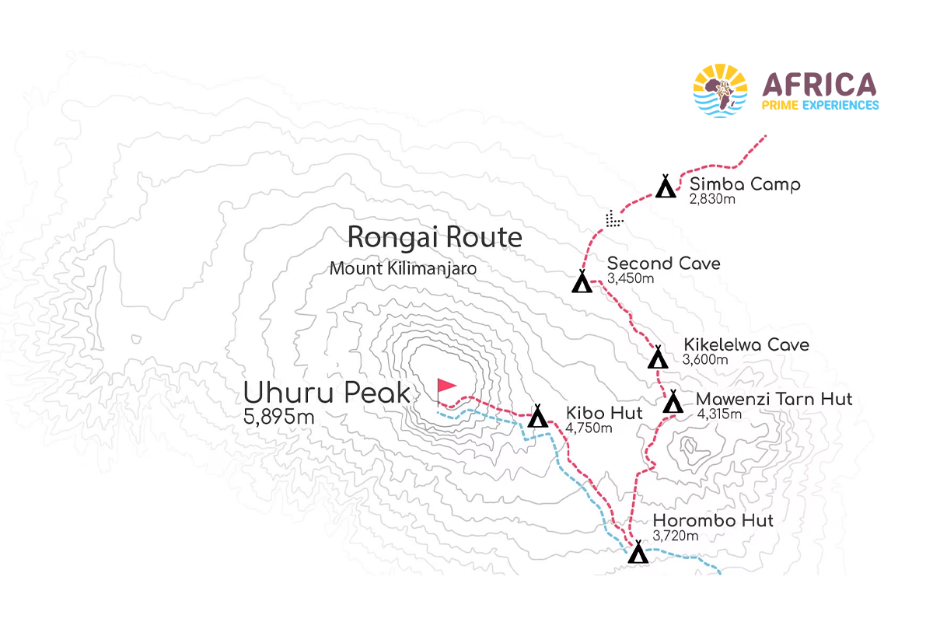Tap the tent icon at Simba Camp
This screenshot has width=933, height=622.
click(x=666, y=187)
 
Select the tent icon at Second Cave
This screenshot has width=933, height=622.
click(x=582, y=281)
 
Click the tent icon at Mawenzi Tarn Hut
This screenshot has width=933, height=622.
click(x=673, y=402)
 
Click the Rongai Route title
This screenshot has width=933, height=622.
click(x=435, y=236)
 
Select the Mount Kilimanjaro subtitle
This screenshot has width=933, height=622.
click(x=403, y=268)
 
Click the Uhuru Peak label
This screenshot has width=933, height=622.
click(x=327, y=393)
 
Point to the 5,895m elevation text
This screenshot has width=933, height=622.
click(x=279, y=417)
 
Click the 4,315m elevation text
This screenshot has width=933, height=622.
click(x=719, y=414)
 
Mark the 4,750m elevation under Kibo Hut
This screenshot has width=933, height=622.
click(x=589, y=428)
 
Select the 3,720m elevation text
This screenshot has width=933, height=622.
click(x=676, y=535)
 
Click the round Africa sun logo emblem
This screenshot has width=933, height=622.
click(x=720, y=91)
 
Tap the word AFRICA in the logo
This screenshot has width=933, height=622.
click(x=819, y=84)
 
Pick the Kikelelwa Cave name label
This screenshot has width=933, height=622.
click(x=746, y=344)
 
